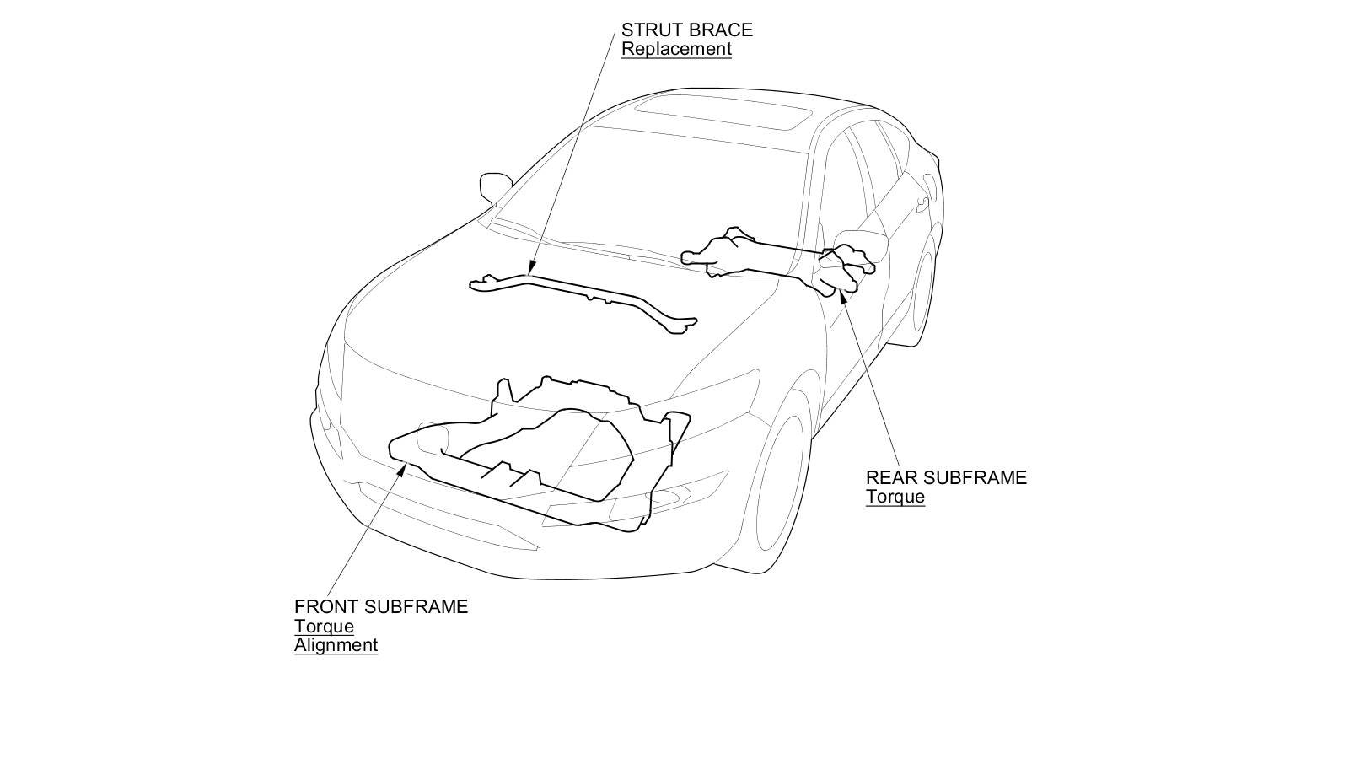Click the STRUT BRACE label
point(686,30)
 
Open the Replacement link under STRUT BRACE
point(676,49)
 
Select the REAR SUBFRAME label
point(946,477)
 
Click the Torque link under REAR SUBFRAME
point(895,497)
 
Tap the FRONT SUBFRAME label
point(380,606)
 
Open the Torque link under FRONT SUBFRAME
point(324,627)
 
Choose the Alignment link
point(336,646)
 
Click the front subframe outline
point(540,455)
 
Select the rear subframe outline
point(776,257)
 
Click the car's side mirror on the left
point(495,186)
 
